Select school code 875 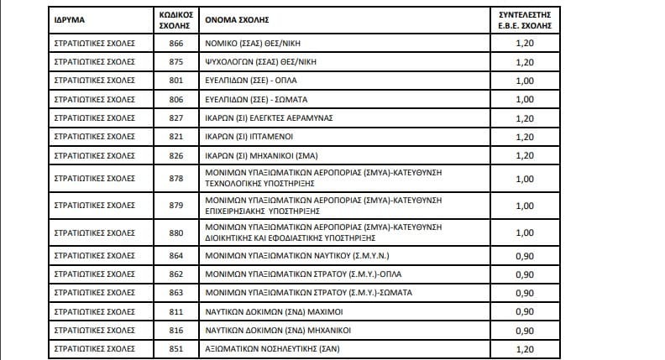click(x=175, y=61)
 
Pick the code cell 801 click(x=175, y=81)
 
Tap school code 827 click(x=175, y=118)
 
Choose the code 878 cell click(x=175, y=179)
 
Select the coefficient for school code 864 click(x=524, y=255)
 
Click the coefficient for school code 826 click(x=524, y=156)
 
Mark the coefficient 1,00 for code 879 click(x=524, y=206)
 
